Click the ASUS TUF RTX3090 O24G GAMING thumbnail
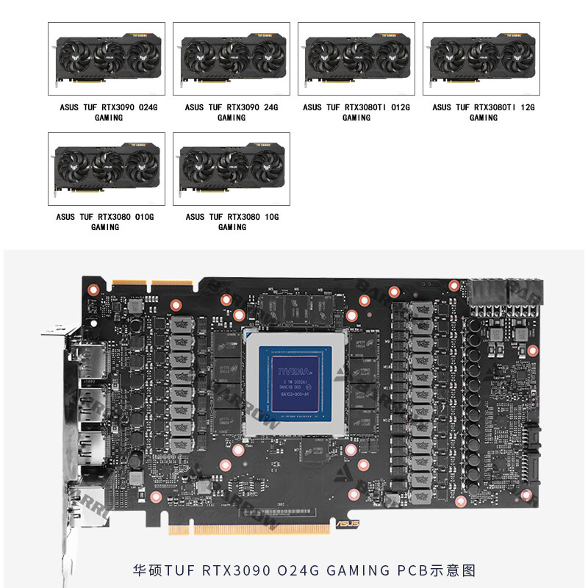pos(107,58)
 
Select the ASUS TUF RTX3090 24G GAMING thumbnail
pos(232,58)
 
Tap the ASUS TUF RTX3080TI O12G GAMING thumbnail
pos(356,58)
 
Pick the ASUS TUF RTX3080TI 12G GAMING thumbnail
pos(481,58)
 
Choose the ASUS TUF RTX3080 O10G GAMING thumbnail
pos(107,168)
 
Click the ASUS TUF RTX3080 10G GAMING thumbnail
pos(232,168)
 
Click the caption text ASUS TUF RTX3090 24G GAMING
pos(232,112)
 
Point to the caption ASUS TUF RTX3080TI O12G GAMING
pos(356,112)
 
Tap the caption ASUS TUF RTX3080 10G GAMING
pos(232,222)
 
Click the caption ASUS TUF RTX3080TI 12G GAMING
pos(483,112)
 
